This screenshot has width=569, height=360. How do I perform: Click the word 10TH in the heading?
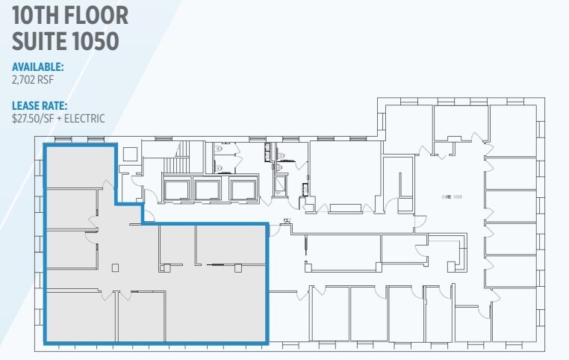pos(37,14)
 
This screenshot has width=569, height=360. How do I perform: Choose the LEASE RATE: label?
pos(40,105)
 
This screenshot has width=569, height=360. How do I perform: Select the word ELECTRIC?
pos(85,118)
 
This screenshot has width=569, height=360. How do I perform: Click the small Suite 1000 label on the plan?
pos(452,196)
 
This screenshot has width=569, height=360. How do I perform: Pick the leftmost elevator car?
pos(177,190)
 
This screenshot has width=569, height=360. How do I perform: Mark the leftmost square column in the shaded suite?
pos(114,267)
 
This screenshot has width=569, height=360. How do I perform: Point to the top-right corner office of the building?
pos(513,130)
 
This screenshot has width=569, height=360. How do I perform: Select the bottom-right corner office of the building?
pos(513,314)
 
